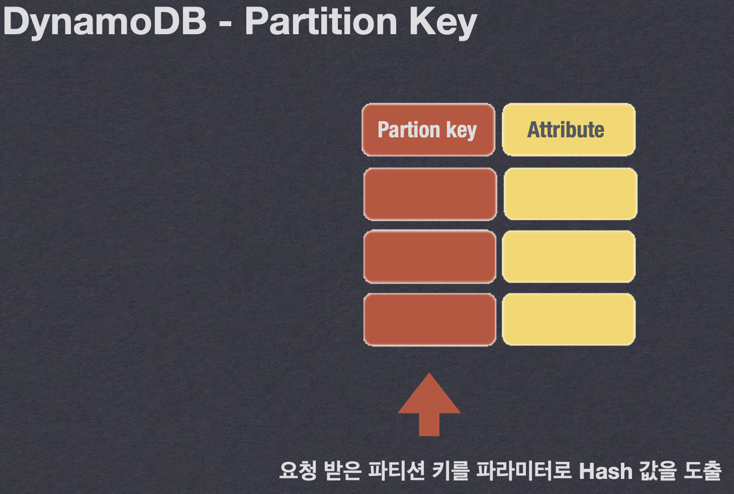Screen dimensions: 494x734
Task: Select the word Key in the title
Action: [x=442, y=23]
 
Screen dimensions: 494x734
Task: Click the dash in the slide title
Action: [x=226, y=24]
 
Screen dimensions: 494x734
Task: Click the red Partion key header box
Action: [x=428, y=130]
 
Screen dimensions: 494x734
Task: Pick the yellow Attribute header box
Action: [x=569, y=130]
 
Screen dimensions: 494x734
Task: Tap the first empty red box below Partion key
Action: [x=430, y=194]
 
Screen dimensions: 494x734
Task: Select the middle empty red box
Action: [x=430, y=257]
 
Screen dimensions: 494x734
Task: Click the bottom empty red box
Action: [x=430, y=319]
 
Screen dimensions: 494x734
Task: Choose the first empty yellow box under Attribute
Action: [x=570, y=194]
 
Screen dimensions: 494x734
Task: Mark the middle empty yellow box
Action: [x=569, y=257]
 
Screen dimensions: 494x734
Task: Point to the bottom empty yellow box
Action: [x=569, y=319]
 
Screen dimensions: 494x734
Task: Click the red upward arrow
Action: [x=429, y=405]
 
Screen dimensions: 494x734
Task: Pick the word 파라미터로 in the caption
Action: [x=523, y=471]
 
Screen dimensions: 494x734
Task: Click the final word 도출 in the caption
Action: [x=702, y=471]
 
